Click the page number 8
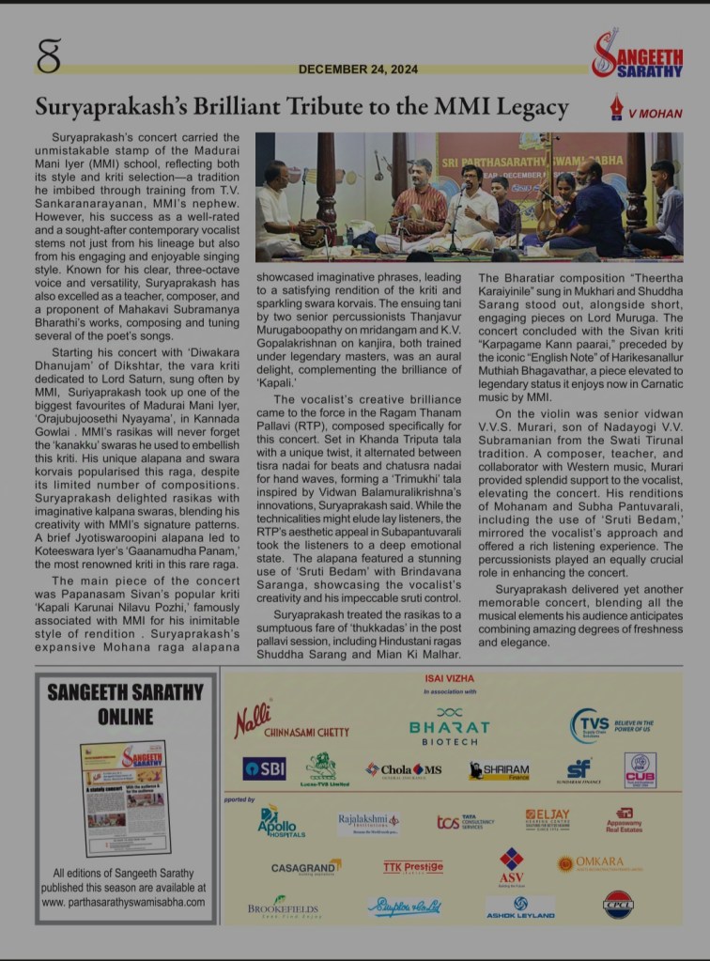[x=49, y=55]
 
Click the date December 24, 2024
[x=348, y=70]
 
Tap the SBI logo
[x=264, y=768]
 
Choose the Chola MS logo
[x=404, y=769]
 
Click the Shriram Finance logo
[x=500, y=770]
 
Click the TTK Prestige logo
[x=412, y=867]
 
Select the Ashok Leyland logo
[x=520, y=907]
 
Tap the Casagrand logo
[x=306, y=867]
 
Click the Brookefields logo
[x=283, y=907]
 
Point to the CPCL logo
[x=618, y=904]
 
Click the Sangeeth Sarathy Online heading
[x=125, y=705]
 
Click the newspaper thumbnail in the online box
[x=123, y=798]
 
